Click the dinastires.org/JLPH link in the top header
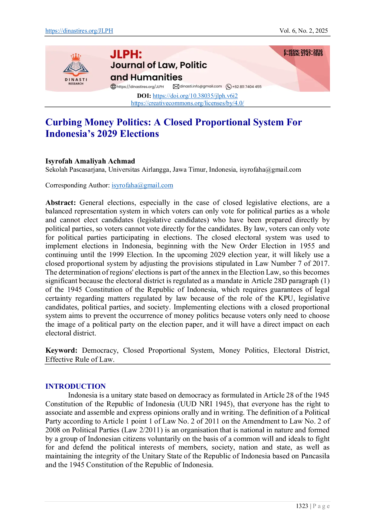pyautogui.click(x=79, y=31)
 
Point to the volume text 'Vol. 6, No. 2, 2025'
pyautogui.click(x=304, y=31)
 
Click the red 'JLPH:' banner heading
pyautogui.click(x=126, y=54)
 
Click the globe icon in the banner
pyautogui.click(x=113, y=87)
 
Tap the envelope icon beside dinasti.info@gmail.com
pyautogui.click(x=176, y=87)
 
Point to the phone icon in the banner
pyautogui.click(x=229, y=87)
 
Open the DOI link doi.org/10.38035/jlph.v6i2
pyautogui.click(x=195, y=96)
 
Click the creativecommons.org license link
pyautogui.click(x=187, y=103)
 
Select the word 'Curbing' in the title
pyautogui.click(x=64, y=122)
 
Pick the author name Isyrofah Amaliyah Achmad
pyautogui.click(x=90, y=161)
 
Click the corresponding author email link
pyautogui.click(x=142, y=185)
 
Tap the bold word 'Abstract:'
pyautogui.click(x=60, y=203)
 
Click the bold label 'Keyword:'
pyautogui.click(x=61, y=350)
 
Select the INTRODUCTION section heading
pyautogui.click(x=76, y=386)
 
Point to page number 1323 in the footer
pyautogui.click(x=302, y=506)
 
